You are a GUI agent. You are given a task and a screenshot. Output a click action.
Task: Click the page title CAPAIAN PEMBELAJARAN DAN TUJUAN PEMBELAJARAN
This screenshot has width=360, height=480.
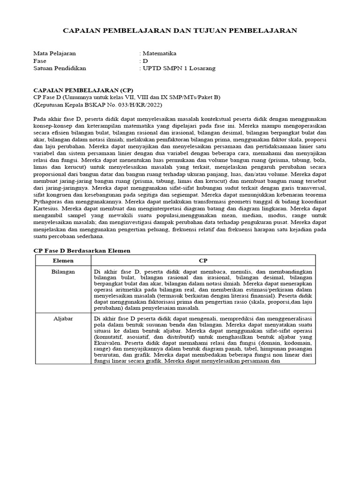tap(180, 31)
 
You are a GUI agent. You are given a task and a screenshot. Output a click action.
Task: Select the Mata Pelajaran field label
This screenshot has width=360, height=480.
tap(54, 53)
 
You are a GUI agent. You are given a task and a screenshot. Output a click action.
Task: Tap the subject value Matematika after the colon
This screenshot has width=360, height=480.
tap(160, 53)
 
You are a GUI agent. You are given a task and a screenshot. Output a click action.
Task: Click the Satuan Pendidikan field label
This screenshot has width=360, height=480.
tap(60, 68)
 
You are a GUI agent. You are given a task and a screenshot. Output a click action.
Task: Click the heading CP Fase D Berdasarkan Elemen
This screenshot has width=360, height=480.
tap(82, 251)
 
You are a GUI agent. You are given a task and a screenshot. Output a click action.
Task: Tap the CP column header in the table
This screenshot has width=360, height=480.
tap(203, 260)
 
